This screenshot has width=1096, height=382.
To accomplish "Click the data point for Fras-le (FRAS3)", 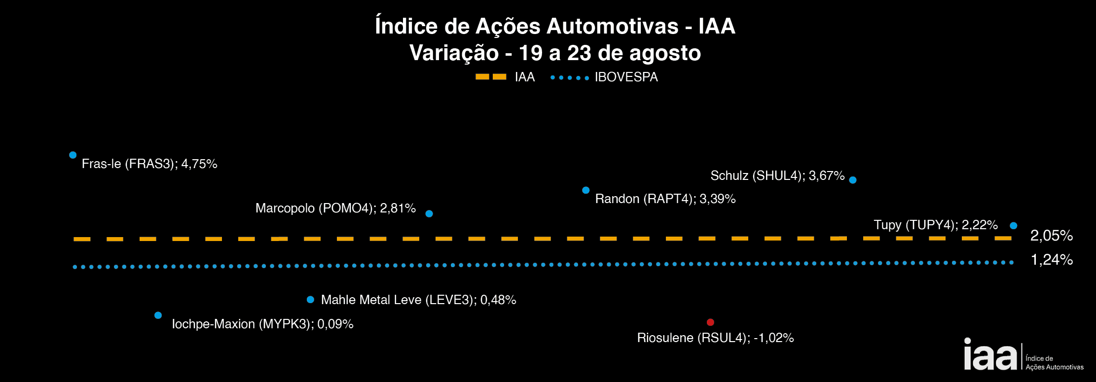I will (x=73, y=155).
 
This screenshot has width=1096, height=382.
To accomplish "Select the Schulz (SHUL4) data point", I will (x=853, y=180).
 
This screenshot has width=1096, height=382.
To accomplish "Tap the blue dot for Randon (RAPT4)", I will (x=586, y=190).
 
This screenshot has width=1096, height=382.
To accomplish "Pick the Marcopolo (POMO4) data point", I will (x=429, y=213).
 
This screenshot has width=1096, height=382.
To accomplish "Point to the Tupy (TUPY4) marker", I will (x=1014, y=226).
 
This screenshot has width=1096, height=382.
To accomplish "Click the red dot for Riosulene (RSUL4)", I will (x=710, y=322).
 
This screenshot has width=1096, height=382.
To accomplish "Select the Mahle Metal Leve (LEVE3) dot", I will (x=310, y=300).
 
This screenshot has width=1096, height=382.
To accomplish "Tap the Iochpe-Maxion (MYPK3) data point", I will (x=158, y=315).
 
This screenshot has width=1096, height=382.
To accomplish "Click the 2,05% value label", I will (x=1052, y=236).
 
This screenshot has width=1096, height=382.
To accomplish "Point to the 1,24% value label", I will (x=1052, y=260).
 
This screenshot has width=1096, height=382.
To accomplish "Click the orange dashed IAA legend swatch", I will (x=491, y=77).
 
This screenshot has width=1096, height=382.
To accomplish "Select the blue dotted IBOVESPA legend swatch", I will (x=570, y=78).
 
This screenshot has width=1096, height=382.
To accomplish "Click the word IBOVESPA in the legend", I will (x=626, y=77).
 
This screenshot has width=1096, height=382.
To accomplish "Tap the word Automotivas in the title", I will (x=612, y=26).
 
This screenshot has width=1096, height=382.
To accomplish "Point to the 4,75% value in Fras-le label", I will (x=199, y=164).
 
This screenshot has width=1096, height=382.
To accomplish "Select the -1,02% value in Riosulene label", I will (x=774, y=338).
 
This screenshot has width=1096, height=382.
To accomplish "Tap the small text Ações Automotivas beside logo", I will (x=1055, y=367).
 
